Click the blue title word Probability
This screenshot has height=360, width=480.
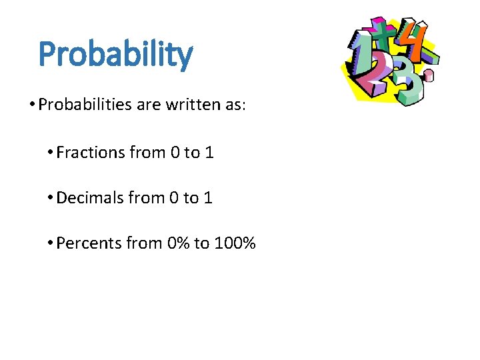(115, 55)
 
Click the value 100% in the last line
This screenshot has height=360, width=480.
(235, 243)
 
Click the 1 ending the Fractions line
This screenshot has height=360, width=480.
(209, 153)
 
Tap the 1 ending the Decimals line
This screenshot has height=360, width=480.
(208, 198)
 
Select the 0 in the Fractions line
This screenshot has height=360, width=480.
(175, 153)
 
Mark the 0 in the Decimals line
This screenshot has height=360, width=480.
(174, 198)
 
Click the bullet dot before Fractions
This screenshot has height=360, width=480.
(50, 153)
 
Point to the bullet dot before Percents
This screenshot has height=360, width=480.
(50, 243)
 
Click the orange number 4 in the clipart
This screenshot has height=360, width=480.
(417, 41)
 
